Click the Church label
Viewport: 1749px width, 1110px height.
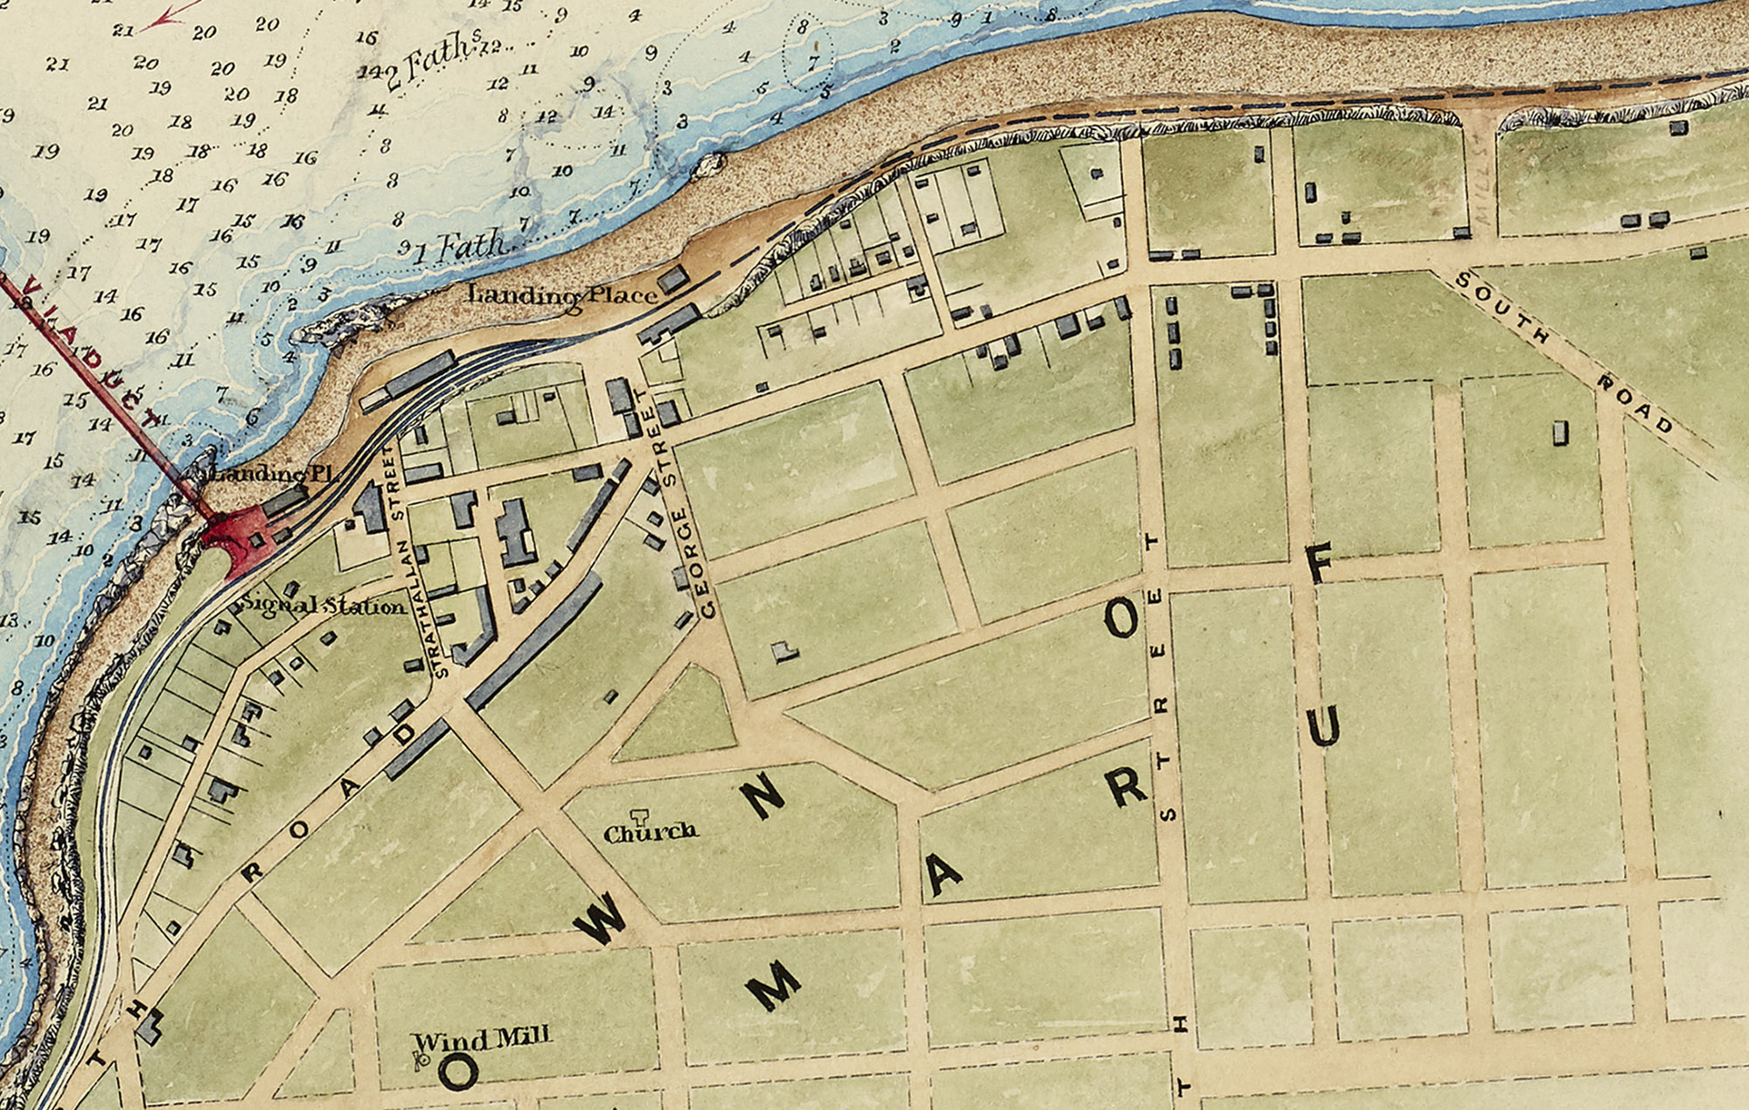[x=651, y=832]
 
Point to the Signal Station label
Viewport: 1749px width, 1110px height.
[x=324, y=605]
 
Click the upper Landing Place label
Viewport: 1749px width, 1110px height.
[x=561, y=295]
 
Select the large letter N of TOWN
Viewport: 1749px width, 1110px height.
[x=763, y=795]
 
